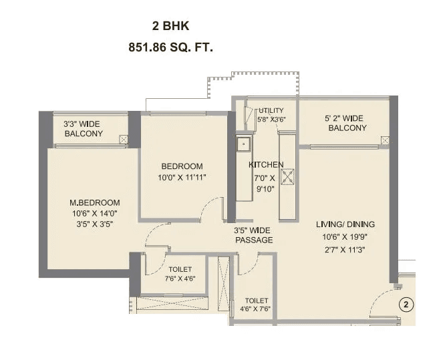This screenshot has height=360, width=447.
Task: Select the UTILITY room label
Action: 271,110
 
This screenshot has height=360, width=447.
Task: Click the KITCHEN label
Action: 266,164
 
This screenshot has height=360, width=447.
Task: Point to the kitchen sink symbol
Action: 244,142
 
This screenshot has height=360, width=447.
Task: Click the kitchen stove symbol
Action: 288,177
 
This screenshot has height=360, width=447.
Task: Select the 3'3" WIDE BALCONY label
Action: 84,129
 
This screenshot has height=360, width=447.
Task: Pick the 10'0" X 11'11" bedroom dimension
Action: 182,178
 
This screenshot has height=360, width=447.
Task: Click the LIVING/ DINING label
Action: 345,224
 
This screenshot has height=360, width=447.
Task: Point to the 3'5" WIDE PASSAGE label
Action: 253,235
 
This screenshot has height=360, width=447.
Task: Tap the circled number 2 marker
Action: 404,305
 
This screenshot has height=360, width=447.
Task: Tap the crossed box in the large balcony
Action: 385,140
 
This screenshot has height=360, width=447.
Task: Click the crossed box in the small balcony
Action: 123,140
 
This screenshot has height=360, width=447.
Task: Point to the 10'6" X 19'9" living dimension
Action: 345,237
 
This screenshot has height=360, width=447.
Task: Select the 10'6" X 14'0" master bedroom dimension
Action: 94,214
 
